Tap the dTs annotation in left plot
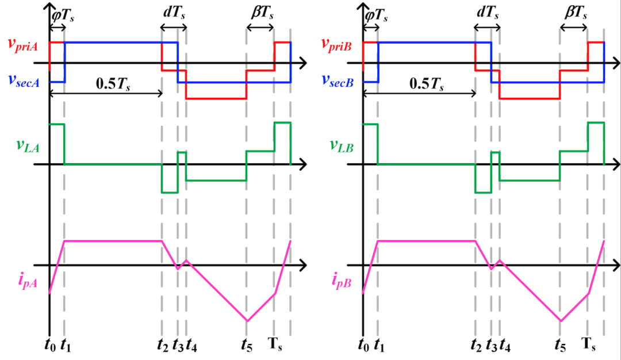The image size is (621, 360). click(x=173, y=12)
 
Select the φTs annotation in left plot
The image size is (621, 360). click(x=63, y=12)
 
